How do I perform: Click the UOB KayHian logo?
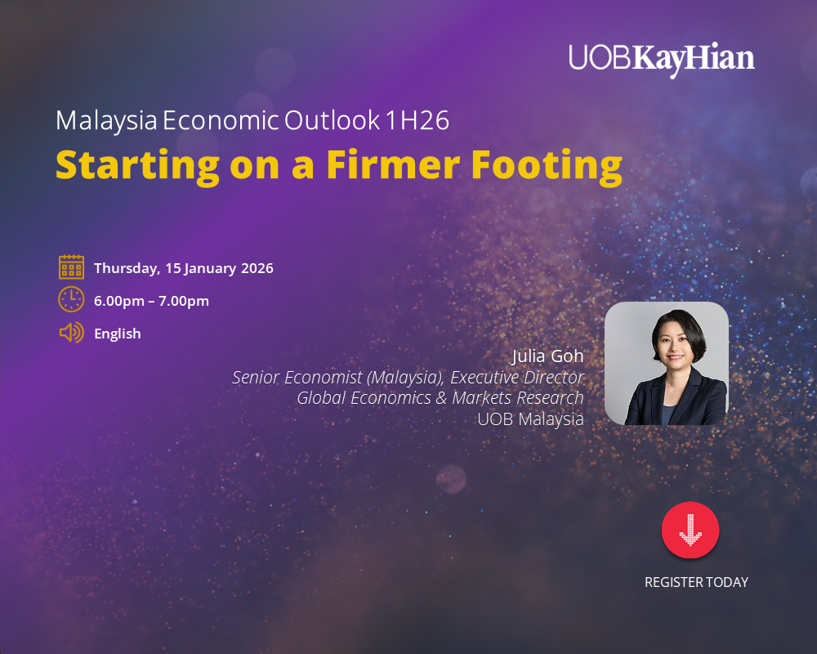[661, 59]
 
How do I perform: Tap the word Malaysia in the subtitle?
[106, 121]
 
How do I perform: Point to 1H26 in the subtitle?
[417, 120]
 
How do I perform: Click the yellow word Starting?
[137, 167]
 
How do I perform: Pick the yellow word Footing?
[547, 167]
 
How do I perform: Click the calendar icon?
[71, 267]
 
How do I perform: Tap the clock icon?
[71, 299]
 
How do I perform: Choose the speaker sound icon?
[72, 332]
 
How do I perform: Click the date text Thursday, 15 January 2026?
[183, 268]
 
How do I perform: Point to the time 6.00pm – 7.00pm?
[151, 301]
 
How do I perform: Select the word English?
[117, 334]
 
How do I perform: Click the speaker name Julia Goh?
[547, 356]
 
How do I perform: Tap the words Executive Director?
[517, 377]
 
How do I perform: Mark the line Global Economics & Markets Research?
[440, 398]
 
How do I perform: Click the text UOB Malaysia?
[530, 419]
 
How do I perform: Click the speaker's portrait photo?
[667, 363]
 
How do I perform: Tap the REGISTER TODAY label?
[696, 582]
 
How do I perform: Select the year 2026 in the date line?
[257, 268]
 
